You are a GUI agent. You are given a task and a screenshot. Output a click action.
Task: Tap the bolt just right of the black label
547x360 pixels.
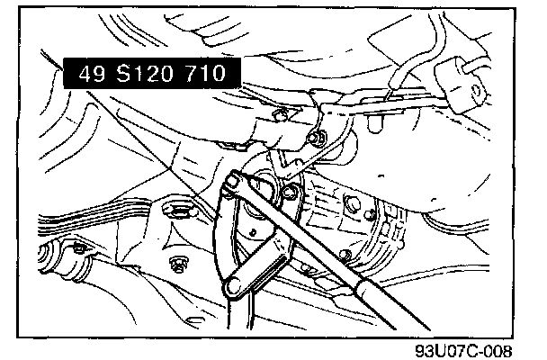click(282, 114)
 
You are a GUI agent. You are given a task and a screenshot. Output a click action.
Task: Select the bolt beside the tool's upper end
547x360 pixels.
click(291, 191)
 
